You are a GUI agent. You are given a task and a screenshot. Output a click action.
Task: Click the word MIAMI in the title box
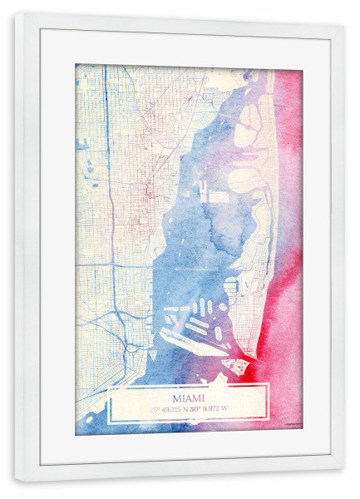tap(188, 398)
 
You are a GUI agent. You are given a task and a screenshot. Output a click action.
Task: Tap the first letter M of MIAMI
tap(175, 398)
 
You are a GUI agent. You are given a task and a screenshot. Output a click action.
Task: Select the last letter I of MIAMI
tap(201, 398)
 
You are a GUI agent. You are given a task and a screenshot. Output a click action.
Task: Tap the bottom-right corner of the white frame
tap(343, 482)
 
